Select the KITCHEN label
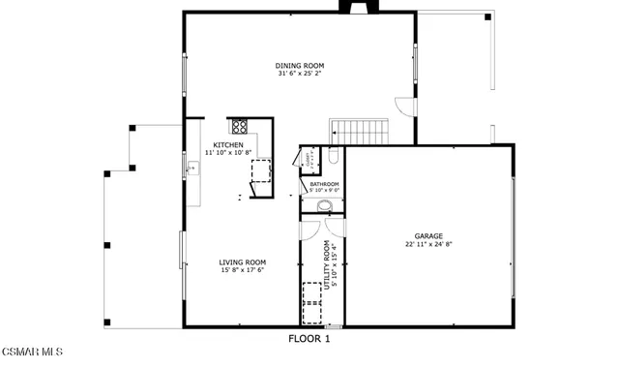(x=228, y=145)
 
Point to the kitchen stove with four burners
(x=239, y=126)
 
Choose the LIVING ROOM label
(x=242, y=261)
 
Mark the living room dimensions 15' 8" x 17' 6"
(x=242, y=270)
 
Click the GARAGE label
(x=428, y=235)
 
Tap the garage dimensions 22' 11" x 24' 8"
(x=428, y=244)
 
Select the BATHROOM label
(x=324, y=184)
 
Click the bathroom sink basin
(x=323, y=205)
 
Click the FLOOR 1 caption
(x=309, y=339)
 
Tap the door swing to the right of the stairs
(x=406, y=108)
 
